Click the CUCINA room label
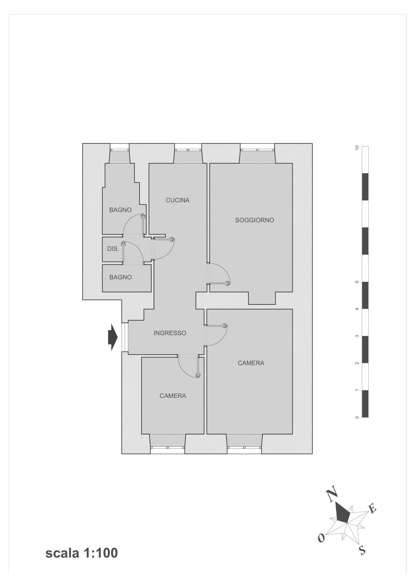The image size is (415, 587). click(x=177, y=200)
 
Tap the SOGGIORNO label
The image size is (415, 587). click(x=254, y=220)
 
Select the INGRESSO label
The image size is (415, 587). click(x=170, y=333)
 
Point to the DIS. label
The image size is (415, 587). click(x=113, y=249)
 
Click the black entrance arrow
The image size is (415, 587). click(x=113, y=337)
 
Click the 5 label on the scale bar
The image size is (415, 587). click(x=356, y=282)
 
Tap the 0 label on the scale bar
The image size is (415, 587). click(x=356, y=418)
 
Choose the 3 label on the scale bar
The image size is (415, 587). click(x=356, y=336)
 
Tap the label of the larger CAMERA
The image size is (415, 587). click(x=251, y=363)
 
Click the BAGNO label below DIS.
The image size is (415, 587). click(x=120, y=277)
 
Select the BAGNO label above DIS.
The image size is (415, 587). click(x=120, y=210)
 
